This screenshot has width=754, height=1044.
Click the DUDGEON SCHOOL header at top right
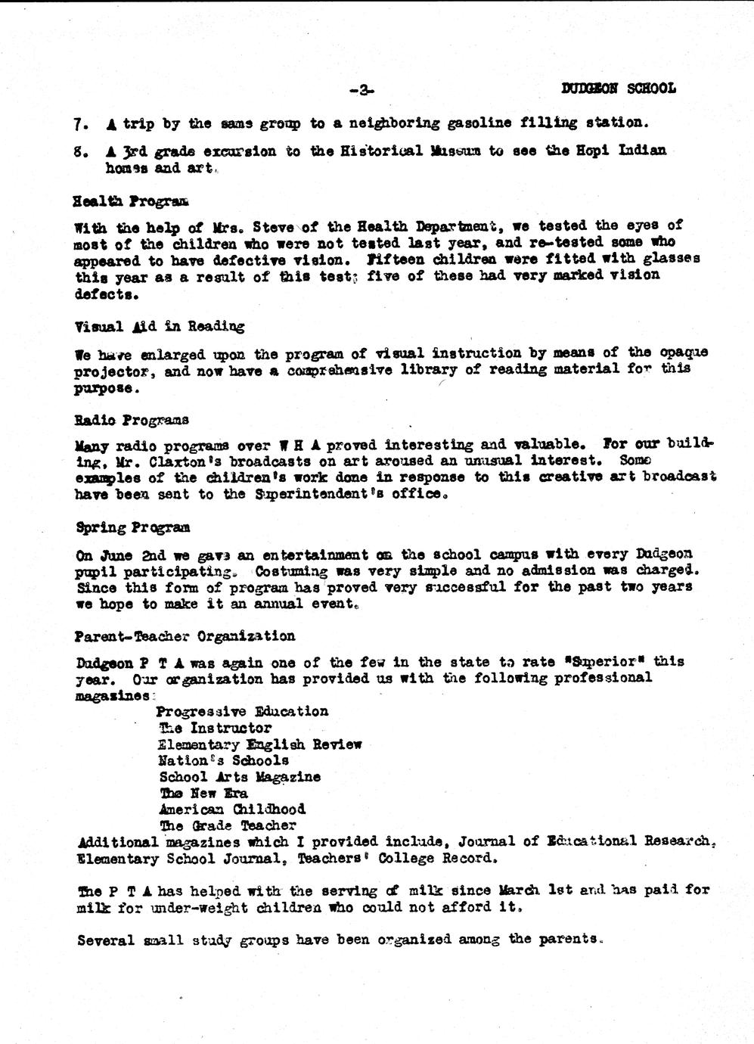618,89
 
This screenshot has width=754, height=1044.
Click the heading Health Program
132,201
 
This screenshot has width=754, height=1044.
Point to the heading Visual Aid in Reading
160,327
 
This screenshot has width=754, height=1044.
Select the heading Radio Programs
132,420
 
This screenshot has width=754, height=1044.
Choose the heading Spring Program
132,527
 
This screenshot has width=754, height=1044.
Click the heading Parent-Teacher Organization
185,636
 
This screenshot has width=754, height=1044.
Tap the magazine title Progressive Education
242,711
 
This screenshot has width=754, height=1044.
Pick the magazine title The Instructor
215,728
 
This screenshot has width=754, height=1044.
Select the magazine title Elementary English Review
259,744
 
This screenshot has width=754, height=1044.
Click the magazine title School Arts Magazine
239,777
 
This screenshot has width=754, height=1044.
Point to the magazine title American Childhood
232,809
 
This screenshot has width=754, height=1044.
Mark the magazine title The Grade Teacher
228,825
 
